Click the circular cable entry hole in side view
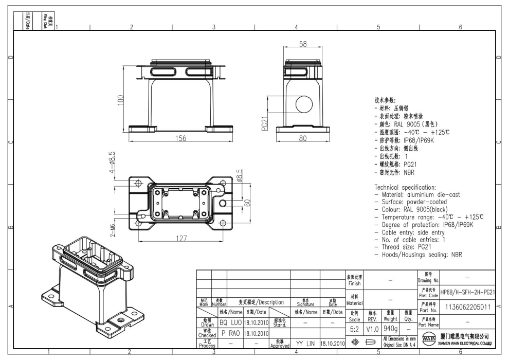click(x=303, y=104)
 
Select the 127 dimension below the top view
click(x=178, y=238)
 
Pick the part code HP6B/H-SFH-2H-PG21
click(x=468, y=292)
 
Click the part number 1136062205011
click(x=468, y=308)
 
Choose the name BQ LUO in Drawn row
click(x=230, y=322)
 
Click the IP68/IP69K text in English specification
click(x=453, y=225)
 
